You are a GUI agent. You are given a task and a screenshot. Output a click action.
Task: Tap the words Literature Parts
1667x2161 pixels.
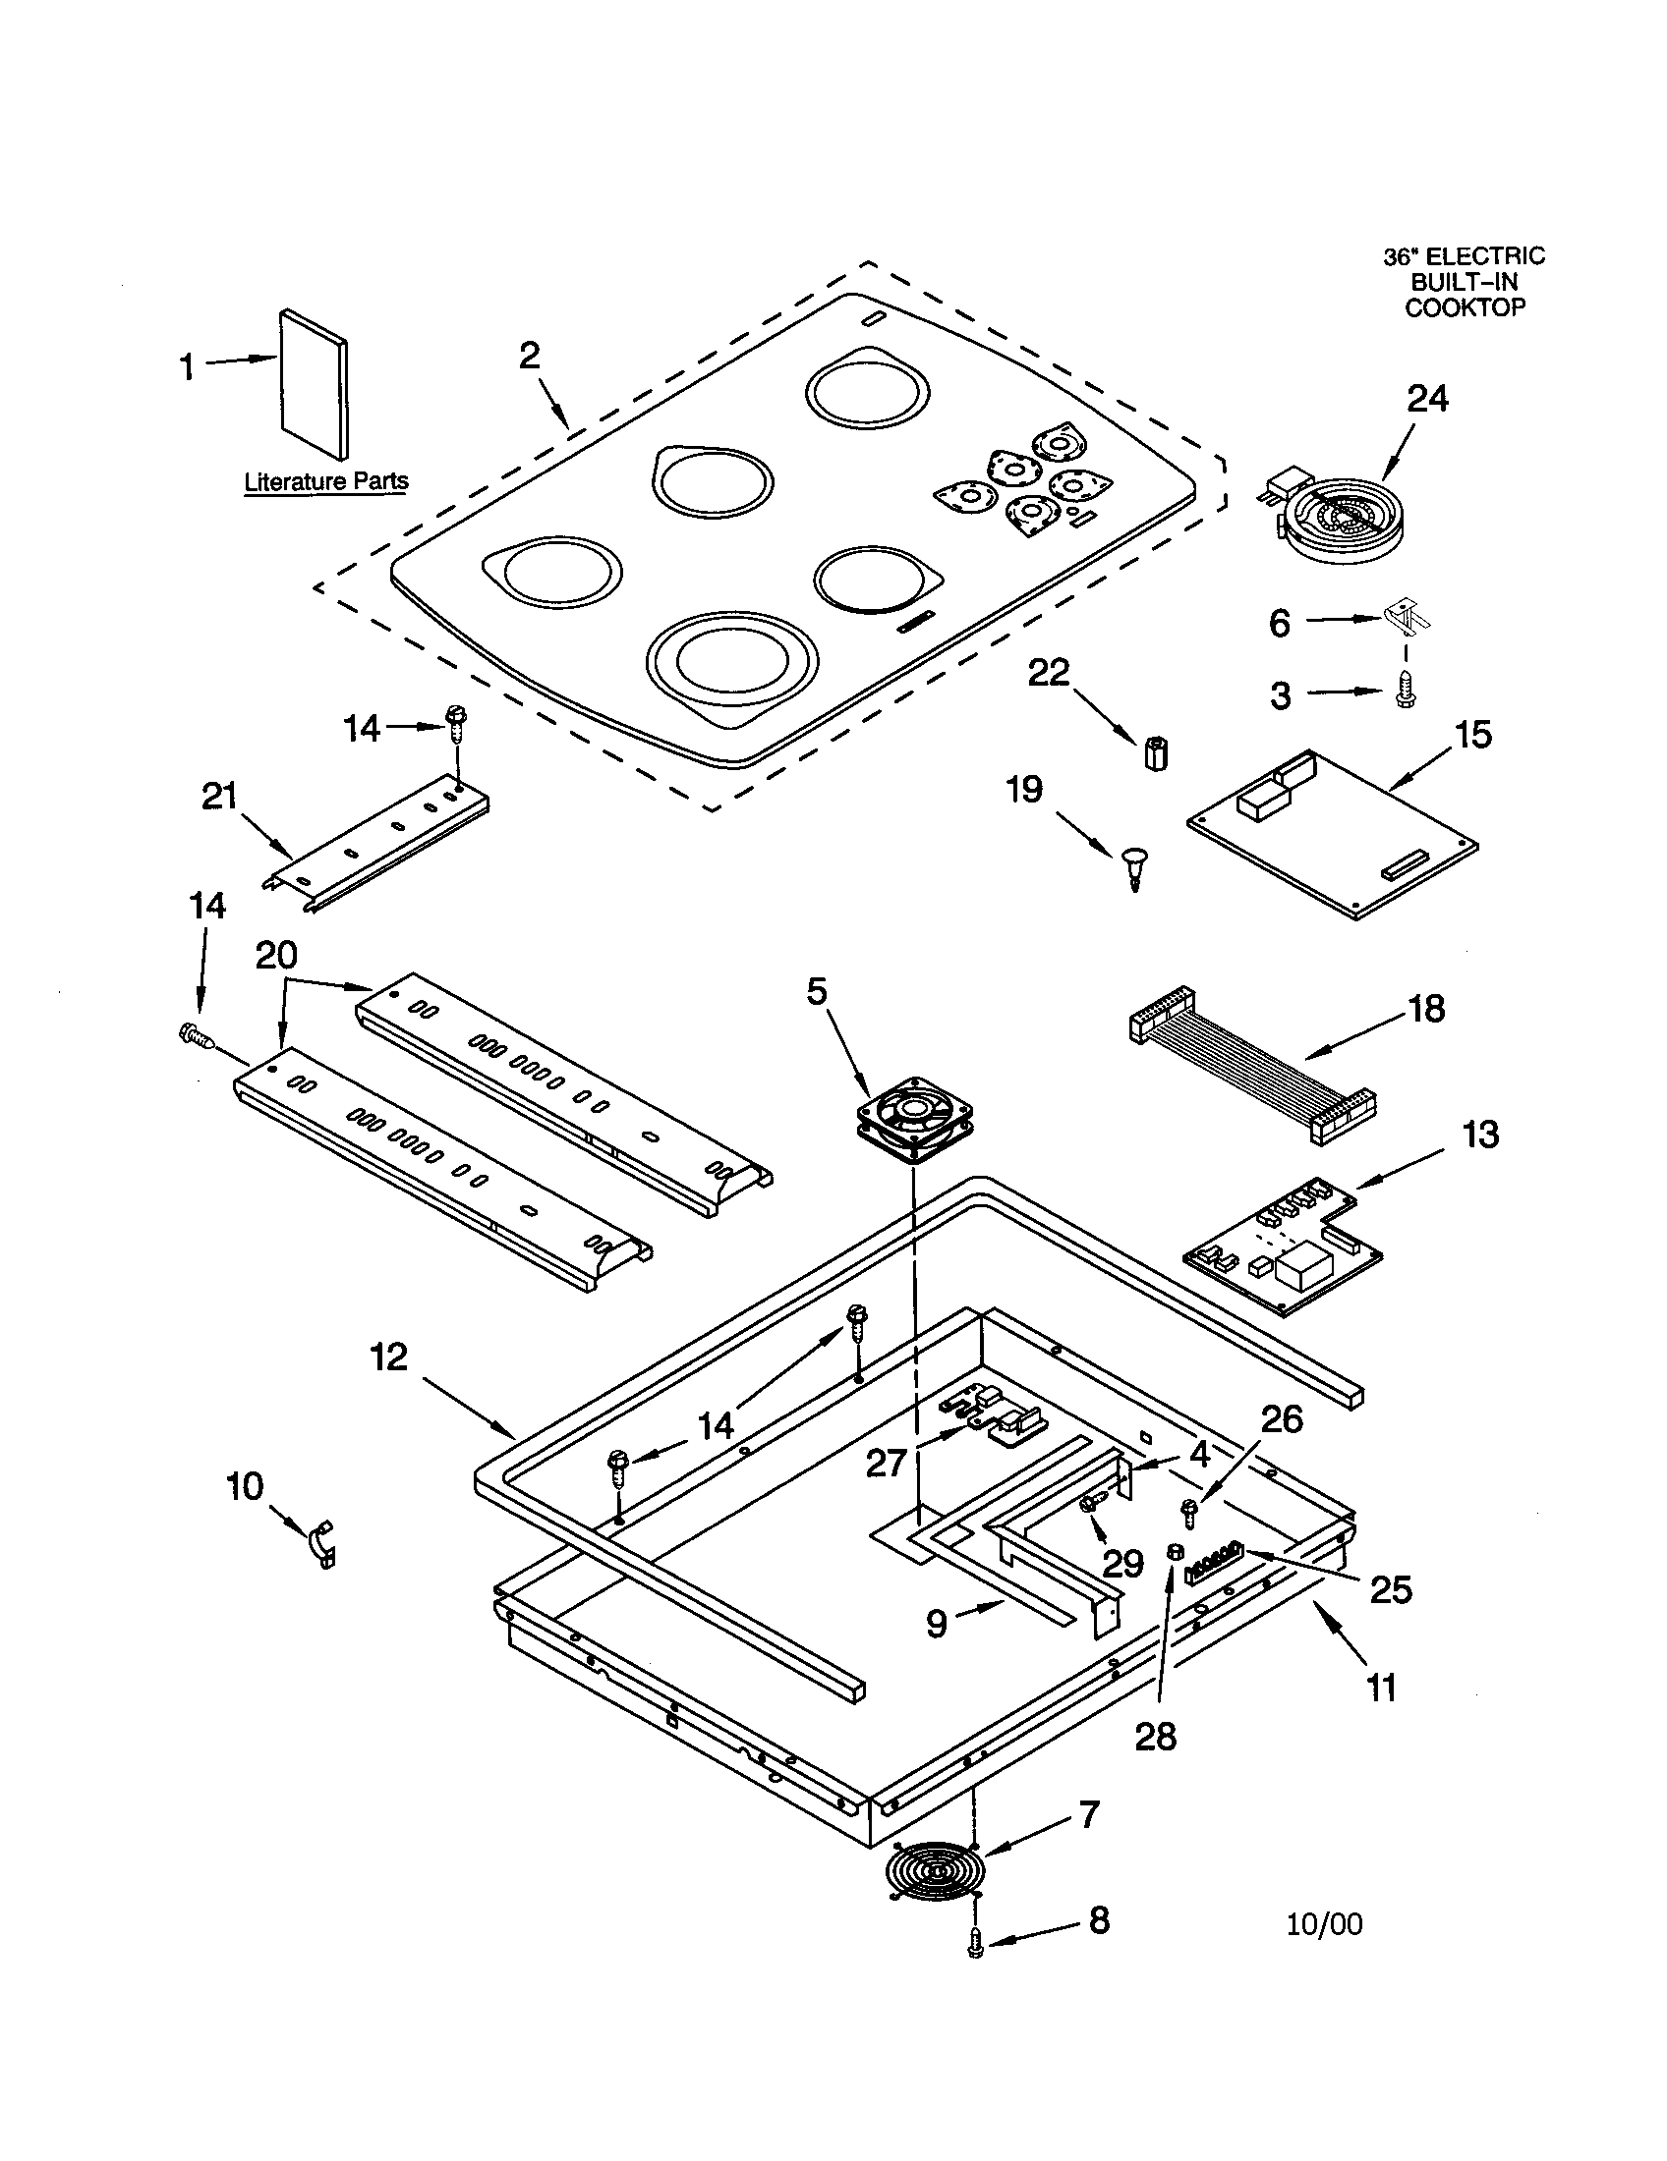point(325,482)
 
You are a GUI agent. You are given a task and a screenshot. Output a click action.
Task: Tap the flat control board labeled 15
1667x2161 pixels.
point(1333,834)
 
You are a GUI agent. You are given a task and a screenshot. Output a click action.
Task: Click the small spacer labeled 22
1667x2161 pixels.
point(1155,753)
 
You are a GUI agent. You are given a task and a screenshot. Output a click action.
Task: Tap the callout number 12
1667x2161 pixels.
point(389,1357)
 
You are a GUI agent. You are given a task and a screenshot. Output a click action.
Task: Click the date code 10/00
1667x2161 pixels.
point(1325,1923)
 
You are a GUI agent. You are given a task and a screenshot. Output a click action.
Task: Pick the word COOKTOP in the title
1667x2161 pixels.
point(1465,307)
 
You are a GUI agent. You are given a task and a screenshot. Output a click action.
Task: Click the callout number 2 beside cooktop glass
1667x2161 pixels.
point(530,356)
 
